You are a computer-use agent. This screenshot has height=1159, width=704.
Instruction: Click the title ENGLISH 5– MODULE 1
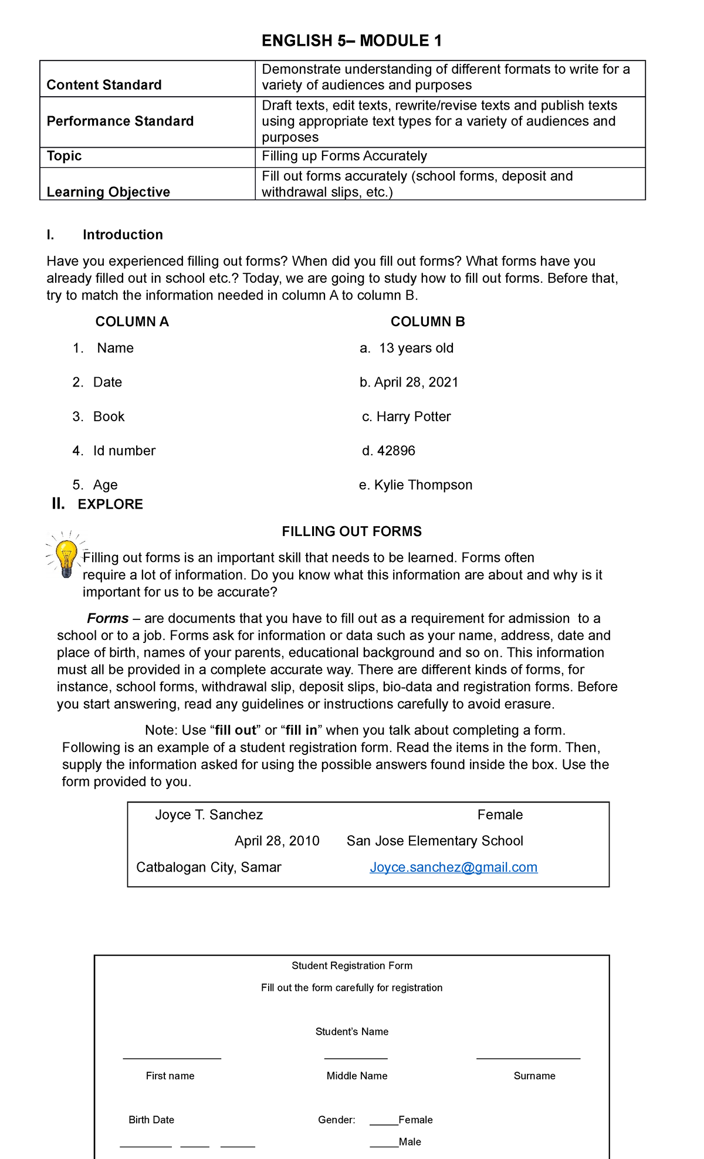[351, 40]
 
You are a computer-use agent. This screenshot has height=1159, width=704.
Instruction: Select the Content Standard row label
[104, 85]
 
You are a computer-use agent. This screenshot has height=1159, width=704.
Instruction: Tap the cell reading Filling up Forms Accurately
[344, 156]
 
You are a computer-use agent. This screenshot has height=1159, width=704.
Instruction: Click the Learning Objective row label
[108, 192]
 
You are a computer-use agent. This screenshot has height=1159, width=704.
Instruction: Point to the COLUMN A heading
[132, 321]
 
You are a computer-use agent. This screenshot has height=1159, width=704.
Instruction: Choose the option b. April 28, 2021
[409, 382]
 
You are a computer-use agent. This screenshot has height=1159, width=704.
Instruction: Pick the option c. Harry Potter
[407, 416]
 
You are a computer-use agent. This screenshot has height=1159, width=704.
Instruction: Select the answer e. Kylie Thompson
[415, 484]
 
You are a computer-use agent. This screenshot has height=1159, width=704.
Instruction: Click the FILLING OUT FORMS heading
[351, 531]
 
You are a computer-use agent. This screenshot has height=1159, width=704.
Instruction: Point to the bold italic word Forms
[108, 618]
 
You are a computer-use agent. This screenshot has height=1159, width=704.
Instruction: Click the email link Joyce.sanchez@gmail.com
[453, 867]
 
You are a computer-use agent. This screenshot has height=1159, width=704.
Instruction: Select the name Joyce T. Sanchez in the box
[209, 815]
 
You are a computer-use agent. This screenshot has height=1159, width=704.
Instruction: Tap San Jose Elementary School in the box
[435, 841]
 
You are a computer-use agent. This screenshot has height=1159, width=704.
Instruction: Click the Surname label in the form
[534, 1076]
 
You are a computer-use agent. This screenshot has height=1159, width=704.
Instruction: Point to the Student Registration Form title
[351, 965]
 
